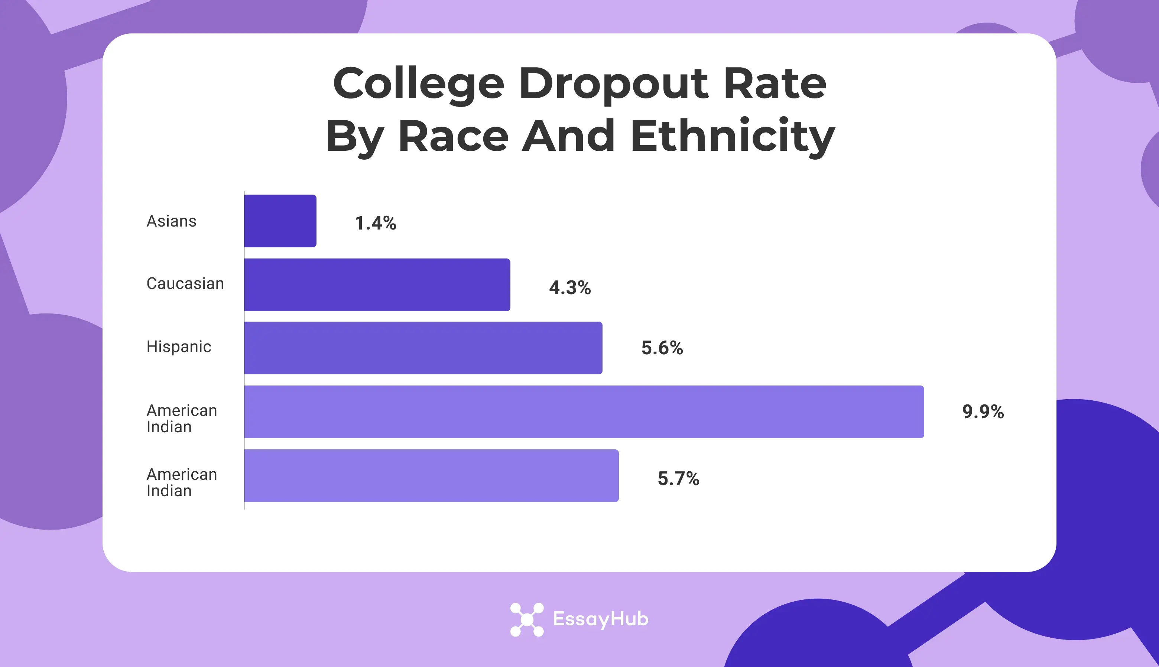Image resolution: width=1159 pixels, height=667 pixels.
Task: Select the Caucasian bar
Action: click(377, 284)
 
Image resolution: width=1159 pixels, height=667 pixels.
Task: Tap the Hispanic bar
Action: click(423, 348)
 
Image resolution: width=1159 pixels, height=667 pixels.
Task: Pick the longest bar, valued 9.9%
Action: click(584, 412)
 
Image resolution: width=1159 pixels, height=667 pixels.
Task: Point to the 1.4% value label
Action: click(375, 223)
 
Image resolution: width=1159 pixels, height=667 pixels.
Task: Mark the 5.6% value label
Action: click(662, 348)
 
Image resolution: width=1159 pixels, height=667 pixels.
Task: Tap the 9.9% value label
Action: click(983, 411)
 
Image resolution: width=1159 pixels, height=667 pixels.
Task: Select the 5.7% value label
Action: click(678, 479)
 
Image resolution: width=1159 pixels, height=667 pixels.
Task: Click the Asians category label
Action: click(171, 221)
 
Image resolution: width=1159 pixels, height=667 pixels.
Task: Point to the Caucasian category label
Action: click(185, 284)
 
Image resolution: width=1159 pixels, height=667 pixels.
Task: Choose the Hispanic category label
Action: click(179, 347)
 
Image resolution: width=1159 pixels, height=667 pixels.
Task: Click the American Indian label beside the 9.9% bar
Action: click(181, 418)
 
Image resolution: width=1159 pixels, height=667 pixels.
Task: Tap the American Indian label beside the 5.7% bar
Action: click(181, 482)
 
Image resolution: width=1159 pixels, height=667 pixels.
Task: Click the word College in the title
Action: click(418, 84)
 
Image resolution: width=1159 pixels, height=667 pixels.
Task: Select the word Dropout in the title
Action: click(614, 84)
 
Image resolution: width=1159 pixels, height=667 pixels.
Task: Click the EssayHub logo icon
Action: click(527, 619)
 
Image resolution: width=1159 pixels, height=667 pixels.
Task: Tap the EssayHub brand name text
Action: click(601, 619)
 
